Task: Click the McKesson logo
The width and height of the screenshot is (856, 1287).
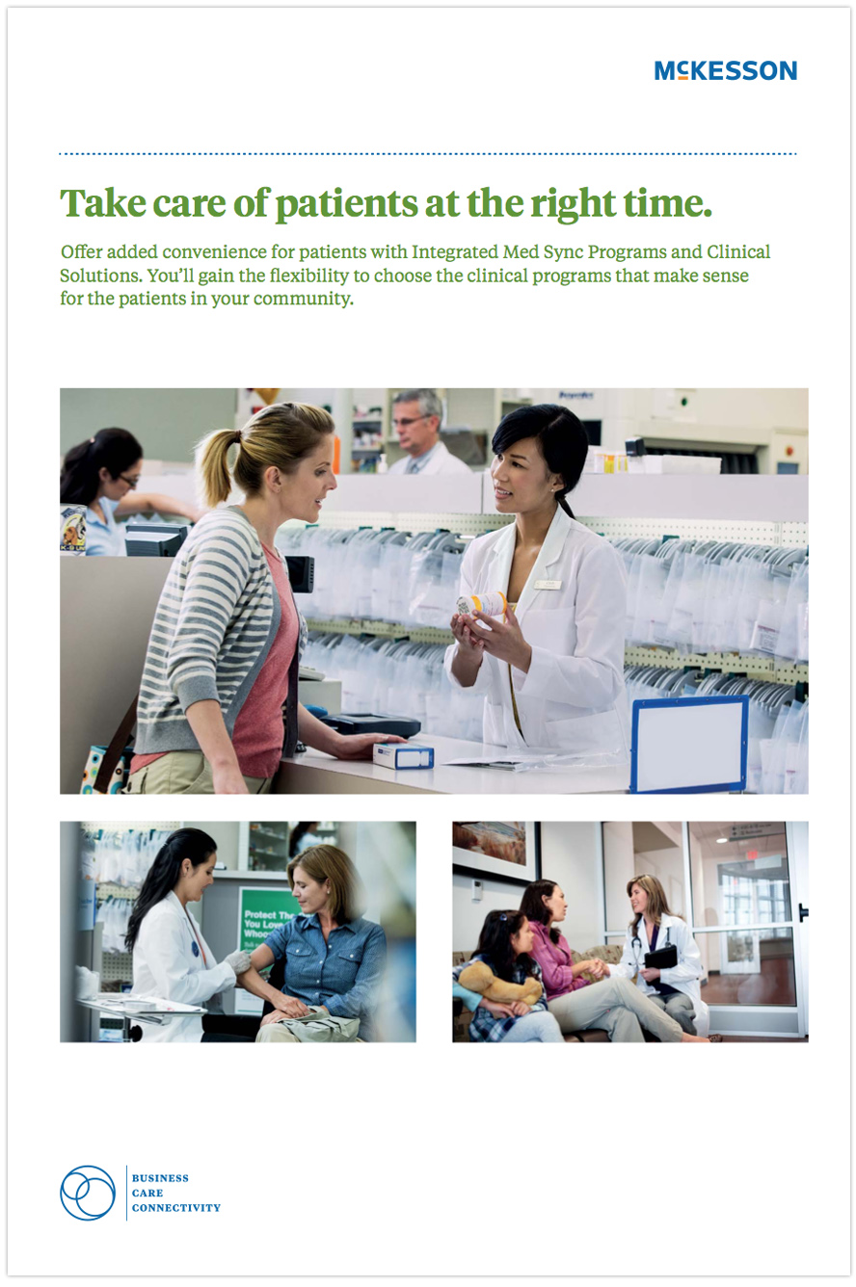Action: tap(726, 70)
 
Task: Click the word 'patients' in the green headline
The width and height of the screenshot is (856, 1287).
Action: tap(347, 204)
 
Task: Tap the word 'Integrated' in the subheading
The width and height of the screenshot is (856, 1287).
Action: tap(455, 251)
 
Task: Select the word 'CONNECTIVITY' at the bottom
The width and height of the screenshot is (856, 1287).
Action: tap(175, 1208)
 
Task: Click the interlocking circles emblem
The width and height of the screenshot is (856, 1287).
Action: tap(88, 1193)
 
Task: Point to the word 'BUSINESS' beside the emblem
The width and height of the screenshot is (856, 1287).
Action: tap(160, 1178)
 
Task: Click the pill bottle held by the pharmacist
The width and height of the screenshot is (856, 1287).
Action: tap(482, 604)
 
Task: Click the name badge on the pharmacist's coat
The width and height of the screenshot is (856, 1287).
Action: tap(547, 585)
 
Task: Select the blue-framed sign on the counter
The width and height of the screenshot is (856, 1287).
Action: tap(689, 744)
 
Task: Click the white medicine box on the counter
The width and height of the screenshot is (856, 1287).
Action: tap(403, 755)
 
